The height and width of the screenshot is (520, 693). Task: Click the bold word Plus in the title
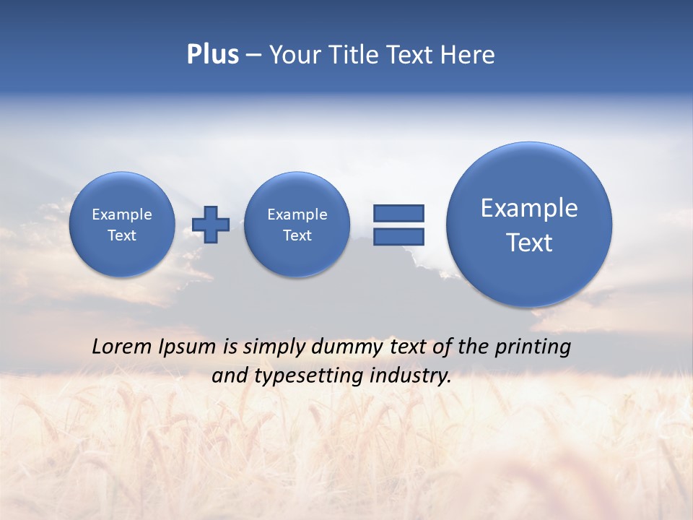tap(212, 55)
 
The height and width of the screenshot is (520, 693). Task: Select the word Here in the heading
tap(468, 55)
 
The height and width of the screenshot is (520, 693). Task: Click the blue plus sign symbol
tap(211, 224)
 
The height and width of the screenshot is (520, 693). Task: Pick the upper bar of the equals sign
tap(398, 213)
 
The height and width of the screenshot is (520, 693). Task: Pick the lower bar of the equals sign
tap(398, 236)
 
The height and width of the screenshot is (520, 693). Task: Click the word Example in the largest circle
tap(529, 208)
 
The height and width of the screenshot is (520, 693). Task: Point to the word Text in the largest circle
tap(529, 243)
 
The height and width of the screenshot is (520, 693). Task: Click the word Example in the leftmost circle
tap(122, 214)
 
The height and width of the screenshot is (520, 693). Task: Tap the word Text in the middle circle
tap(297, 235)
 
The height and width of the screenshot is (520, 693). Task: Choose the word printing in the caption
tap(533, 347)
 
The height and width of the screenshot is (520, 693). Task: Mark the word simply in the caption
tap(274, 347)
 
